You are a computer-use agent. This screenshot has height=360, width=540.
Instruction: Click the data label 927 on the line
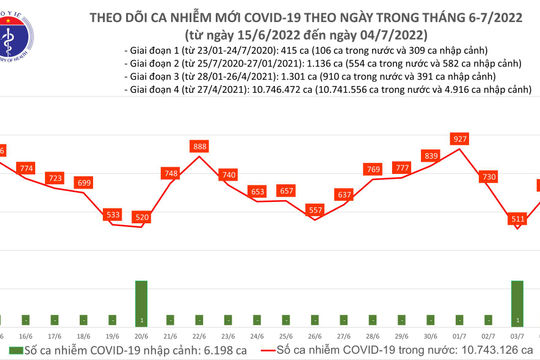coord(460,138)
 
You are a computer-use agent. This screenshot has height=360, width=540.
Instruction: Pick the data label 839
coord(431,155)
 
